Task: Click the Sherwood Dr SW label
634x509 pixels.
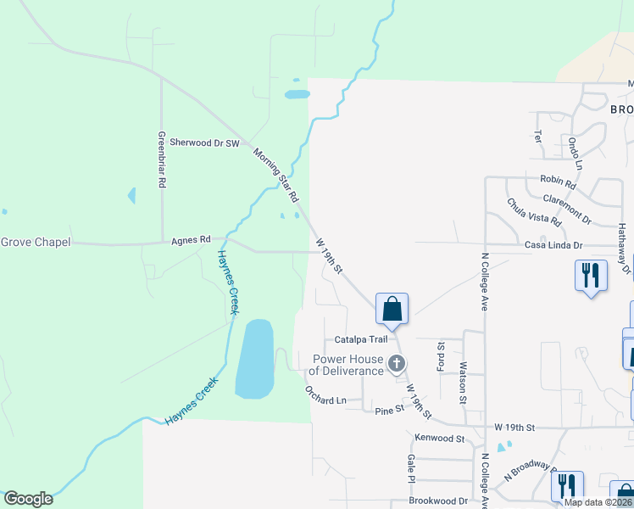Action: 205,143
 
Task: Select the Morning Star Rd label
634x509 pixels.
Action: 276,175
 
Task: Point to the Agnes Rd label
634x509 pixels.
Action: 191,240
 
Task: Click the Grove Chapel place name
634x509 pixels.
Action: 35,242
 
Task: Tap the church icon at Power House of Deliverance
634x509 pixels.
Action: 396,365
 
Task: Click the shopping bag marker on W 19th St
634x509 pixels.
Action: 392,309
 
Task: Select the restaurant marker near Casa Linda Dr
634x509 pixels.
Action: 590,276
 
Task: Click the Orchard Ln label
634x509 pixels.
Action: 326,395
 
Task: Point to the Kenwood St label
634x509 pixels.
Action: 441,439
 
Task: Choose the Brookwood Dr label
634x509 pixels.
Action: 438,501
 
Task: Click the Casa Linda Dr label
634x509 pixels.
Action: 554,245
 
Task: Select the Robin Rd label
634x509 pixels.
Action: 558,181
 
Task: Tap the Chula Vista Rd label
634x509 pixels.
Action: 534,211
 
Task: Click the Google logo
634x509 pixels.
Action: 28,498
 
